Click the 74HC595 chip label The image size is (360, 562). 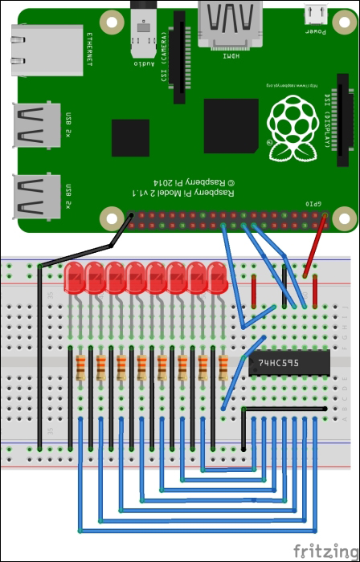pos(277,363)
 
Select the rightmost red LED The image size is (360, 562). pos(217,278)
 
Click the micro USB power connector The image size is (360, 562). pos(313,16)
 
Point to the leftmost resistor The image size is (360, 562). pos(81,368)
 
